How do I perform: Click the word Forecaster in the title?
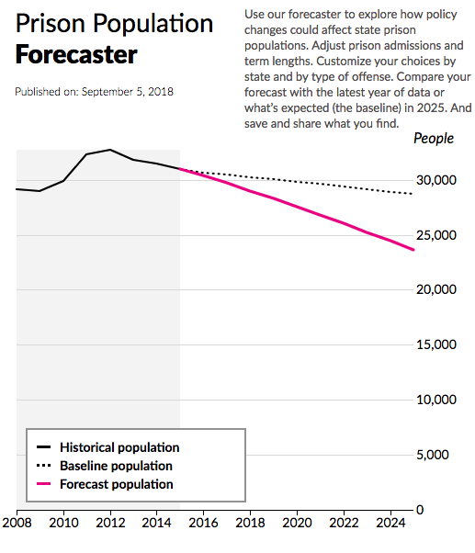76,55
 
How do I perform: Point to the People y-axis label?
434,139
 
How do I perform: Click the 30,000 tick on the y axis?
437,180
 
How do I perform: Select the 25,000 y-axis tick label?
437,235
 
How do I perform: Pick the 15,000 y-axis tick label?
437,344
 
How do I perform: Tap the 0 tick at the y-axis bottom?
419,509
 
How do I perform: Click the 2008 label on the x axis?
17,524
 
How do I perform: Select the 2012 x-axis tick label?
110,524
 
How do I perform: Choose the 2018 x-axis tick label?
250,524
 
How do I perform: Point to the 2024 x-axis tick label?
390,524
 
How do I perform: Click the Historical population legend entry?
119,447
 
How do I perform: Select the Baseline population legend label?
116,466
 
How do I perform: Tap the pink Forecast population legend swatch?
43,484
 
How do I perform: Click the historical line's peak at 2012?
110,149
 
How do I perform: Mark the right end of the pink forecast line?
413,250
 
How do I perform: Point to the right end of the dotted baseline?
413,194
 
